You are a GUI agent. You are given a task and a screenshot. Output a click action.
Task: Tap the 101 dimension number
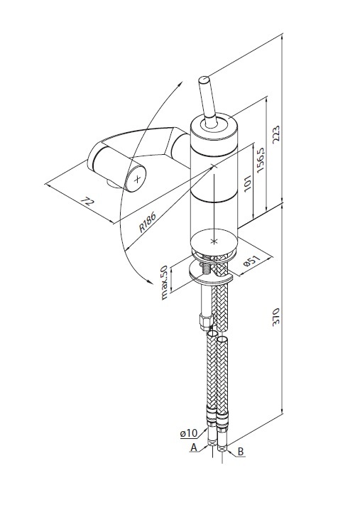click(247, 183)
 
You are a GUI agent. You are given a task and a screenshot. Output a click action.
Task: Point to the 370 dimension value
click(276, 317)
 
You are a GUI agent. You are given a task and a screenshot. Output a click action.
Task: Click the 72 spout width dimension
click(87, 202)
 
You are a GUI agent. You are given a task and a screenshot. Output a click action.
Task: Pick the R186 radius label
click(148, 222)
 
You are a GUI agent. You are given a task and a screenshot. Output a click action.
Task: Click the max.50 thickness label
click(164, 283)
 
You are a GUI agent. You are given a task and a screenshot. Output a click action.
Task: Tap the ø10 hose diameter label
click(189, 433)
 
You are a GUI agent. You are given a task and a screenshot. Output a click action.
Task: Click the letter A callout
click(194, 447)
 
